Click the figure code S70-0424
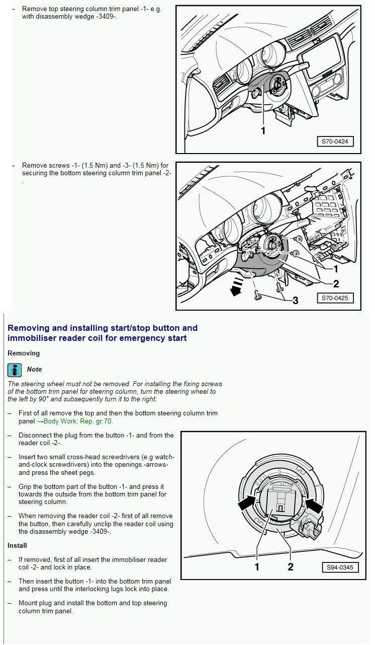pyautogui.click(x=335, y=141)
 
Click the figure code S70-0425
pyautogui.click(x=335, y=298)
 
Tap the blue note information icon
pyautogui.click(x=15, y=370)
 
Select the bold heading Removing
pyautogui.click(x=24, y=353)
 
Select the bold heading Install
pyautogui.click(x=17, y=545)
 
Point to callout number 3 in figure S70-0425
pyautogui.click(x=295, y=301)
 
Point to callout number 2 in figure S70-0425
pyautogui.click(x=336, y=283)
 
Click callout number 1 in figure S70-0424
pyautogui.click(x=262, y=130)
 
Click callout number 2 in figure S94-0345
pyautogui.click(x=290, y=567)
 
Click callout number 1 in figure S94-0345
pyautogui.click(x=257, y=567)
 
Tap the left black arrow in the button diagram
pyautogui.click(x=248, y=502)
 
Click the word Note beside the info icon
pyautogui.click(x=34, y=370)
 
